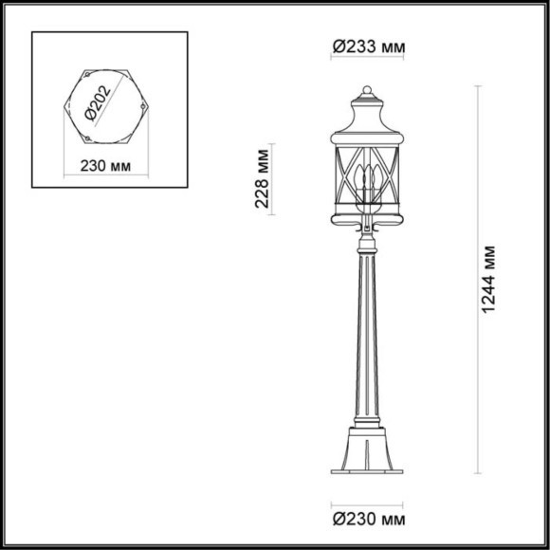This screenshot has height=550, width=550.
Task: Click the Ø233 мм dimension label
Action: pyautogui.click(x=365, y=46)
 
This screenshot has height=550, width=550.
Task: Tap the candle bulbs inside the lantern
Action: pyautogui.click(x=366, y=179)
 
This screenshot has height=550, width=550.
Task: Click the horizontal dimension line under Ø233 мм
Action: pyautogui.click(x=365, y=59)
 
